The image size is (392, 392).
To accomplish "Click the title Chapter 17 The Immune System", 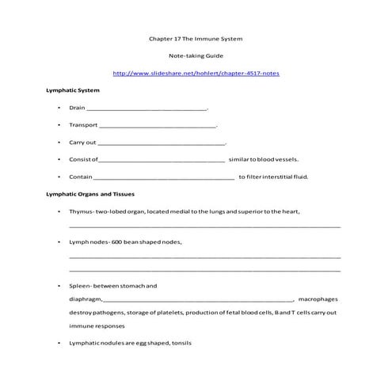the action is (196, 38).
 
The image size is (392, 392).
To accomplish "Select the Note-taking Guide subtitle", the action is (196, 55).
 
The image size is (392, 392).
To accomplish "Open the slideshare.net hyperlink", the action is (196, 73).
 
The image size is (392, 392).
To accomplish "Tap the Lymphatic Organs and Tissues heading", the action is (91, 194).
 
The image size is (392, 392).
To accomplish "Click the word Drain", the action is (77, 108).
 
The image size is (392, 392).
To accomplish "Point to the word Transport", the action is (82, 125).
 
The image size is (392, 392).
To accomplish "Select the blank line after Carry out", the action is (162, 143).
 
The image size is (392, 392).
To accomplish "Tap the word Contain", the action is (81, 177).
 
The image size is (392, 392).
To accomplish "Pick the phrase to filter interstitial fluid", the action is (273, 177).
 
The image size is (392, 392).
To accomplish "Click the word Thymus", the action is (82, 211).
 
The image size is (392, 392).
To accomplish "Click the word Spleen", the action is (80, 285).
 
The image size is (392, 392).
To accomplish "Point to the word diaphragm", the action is (86, 299).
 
